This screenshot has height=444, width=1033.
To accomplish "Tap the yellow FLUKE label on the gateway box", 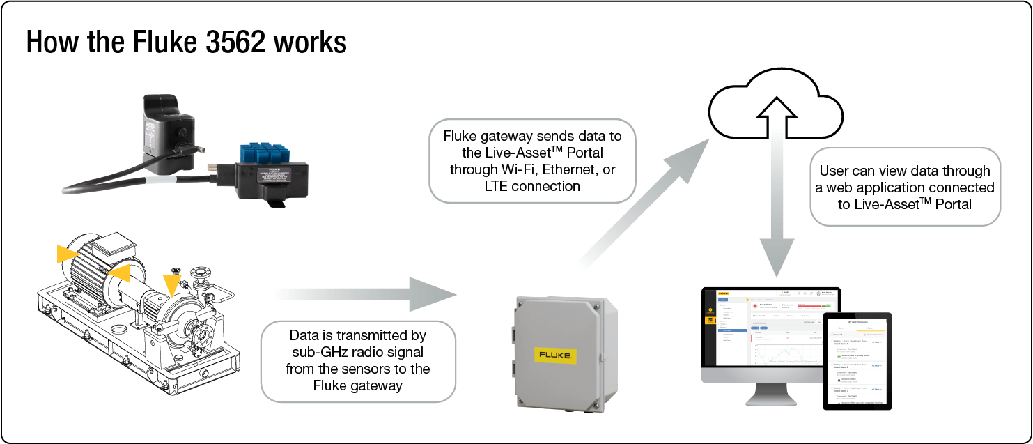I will tap(555, 355).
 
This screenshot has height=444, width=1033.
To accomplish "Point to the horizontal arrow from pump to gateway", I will tap(369, 294).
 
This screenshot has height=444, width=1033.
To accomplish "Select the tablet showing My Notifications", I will tap(857, 360).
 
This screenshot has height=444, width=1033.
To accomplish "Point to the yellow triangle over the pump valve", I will tap(171, 282).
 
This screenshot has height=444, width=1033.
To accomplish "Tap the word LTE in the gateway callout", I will tap(495, 186).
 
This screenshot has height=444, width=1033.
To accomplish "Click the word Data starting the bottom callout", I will tap(305, 335).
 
